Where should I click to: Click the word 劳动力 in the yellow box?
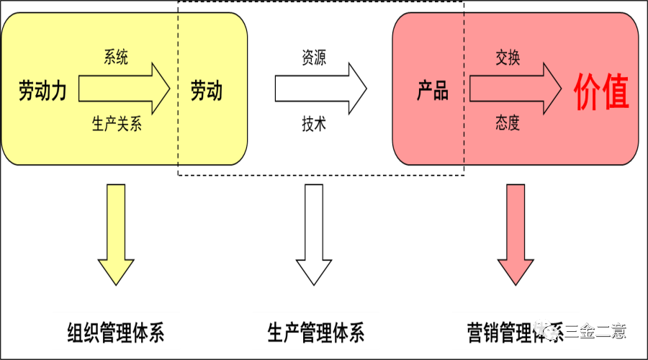(x=42, y=91)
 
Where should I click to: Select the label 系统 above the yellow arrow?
(x=116, y=58)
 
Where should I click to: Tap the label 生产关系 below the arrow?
(x=117, y=124)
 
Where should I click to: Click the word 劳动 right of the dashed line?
(x=207, y=91)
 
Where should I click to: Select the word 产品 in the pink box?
(x=433, y=91)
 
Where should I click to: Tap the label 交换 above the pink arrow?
(x=508, y=58)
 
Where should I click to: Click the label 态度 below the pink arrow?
(x=508, y=123)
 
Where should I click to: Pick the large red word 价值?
(x=601, y=91)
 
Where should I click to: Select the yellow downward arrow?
(x=116, y=234)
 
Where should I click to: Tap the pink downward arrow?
(x=516, y=234)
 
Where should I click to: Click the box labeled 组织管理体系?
(x=116, y=332)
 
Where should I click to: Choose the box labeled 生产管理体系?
(x=315, y=332)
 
